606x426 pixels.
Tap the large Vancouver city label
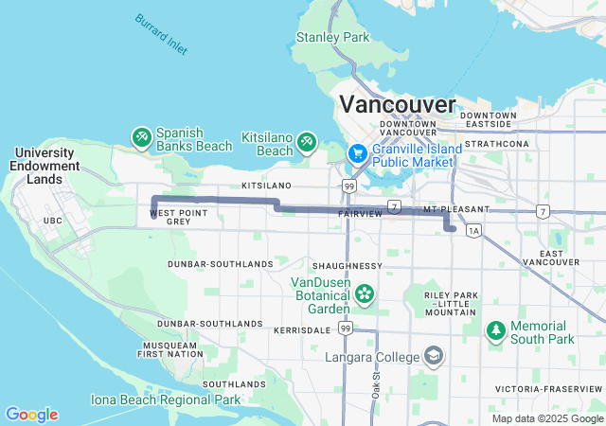click(397, 104)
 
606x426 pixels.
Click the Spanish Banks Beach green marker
click(141, 139)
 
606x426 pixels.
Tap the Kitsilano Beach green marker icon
click(307, 142)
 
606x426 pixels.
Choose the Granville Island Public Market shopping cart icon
click(357, 152)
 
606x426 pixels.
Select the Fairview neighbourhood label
click(360, 215)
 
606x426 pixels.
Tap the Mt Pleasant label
click(456, 208)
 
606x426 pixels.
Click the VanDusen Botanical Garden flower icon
click(365, 293)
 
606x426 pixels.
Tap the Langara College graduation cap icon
click(433, 356)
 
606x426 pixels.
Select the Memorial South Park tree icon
click(495, 330)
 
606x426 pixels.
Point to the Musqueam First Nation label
click(169, 349)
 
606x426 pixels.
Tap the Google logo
click(31, 415)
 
